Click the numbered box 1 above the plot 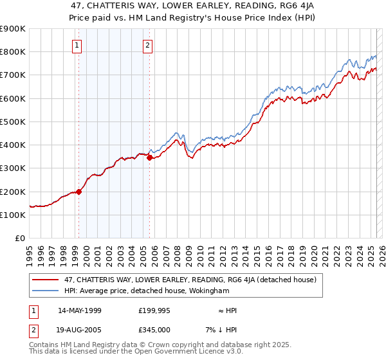click(77, 45)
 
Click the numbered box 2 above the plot click(147, 45)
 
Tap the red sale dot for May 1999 click(79, 191)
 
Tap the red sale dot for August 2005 click(149, 157)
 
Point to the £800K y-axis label click(13, 52)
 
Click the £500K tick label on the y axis click(13, 122)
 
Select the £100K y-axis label click(13, 215)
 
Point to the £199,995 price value click(154, 310)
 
